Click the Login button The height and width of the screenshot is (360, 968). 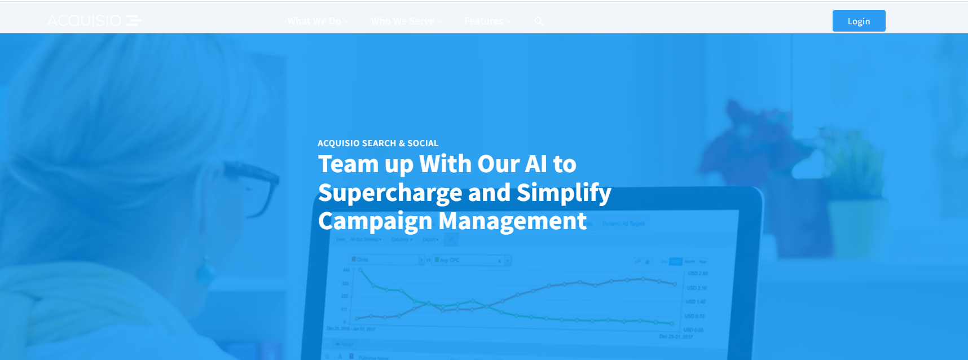tap(859, 21)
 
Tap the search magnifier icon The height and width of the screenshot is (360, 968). tap(539, 21)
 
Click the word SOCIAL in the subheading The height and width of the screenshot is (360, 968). tap(423, 143)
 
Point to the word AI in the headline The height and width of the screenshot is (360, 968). tap(536, 164)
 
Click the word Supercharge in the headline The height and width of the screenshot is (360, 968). tap(390, 193)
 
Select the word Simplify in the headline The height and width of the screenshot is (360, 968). tap(564, 193)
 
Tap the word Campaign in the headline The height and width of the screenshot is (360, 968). tap(375, 221)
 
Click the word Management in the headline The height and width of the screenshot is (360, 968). tap(512, 221)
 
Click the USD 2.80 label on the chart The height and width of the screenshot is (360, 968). tap(697, 274)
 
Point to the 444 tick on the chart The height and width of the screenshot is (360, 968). tap(346, 270)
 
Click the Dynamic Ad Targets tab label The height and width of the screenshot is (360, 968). tap(623, 224)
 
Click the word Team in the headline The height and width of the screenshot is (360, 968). tap(348, 164)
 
